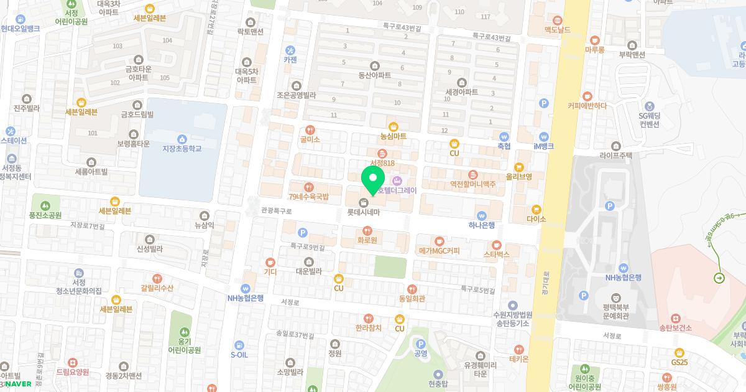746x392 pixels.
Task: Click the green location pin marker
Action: (x=372, y=179)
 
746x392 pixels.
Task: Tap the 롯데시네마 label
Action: (x=363, y=212)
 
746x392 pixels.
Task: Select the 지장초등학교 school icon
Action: (x=182, y=138)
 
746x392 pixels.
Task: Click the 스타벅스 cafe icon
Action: (x=496, y=244)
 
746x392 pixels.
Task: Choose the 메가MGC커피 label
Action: (x=440, y=251)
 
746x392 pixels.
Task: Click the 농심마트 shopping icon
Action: (x=393, y=126)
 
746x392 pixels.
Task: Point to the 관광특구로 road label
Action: (x=276, y=212)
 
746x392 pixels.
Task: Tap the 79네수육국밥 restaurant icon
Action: (x=308, y=186)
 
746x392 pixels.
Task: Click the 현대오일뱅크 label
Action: (x=20, y=29)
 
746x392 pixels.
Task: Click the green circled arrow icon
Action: (x=719, y=278)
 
